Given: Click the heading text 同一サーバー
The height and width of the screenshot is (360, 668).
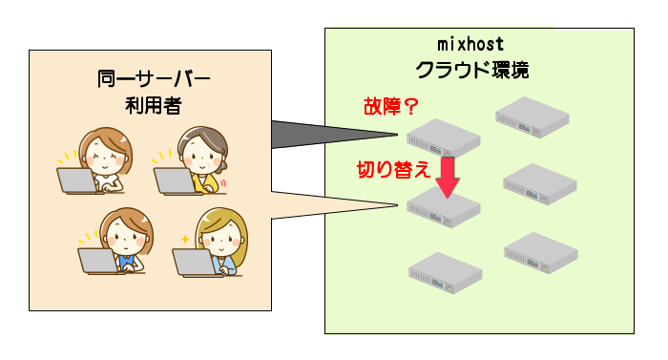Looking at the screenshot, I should pos(154,78).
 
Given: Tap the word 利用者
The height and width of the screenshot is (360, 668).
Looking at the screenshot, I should pos(154,104).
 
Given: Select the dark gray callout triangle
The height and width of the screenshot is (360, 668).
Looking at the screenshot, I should pos(305,134).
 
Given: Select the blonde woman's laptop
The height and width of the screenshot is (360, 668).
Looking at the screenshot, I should pos(195,262).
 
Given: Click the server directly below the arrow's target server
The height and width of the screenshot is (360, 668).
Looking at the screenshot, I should pos(444,273).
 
